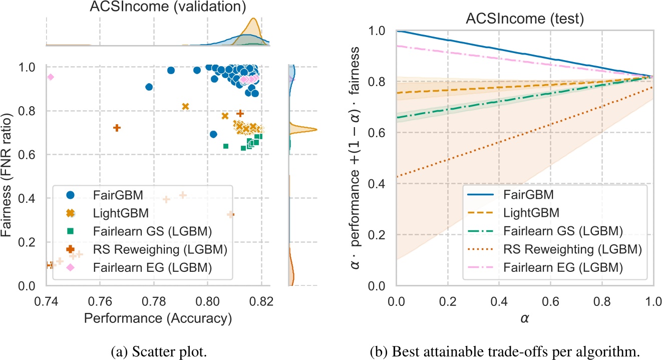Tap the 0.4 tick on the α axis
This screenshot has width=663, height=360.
pos(499,301)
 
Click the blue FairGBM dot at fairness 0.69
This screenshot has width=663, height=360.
pos(213,134)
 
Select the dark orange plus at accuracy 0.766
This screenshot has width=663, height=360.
pos(117,128)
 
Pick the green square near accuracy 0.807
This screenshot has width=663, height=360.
pos(226,146)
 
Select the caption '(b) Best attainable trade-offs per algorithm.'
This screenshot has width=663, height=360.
pos(525,345)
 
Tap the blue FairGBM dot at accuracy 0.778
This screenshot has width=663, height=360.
pos(149,87)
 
